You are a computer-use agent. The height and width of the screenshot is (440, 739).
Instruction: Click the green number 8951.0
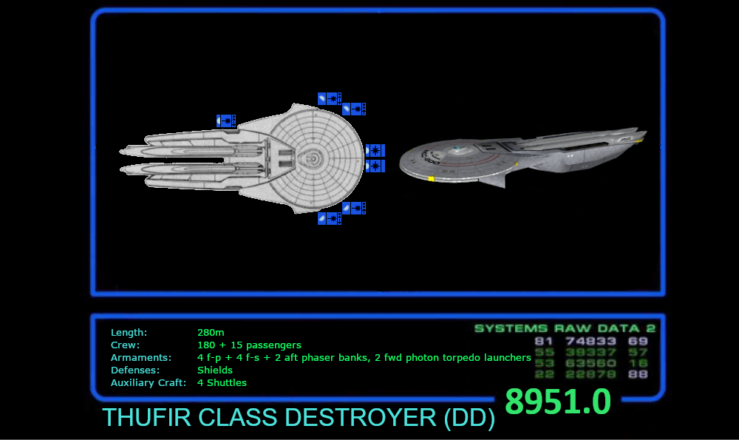[x=558, y=402]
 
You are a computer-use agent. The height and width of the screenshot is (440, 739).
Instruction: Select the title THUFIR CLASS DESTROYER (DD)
[x=299, y=418]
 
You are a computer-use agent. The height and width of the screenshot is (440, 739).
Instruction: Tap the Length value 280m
[x=211, y=333]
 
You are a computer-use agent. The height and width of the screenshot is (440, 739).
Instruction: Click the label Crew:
[x=125, y=345]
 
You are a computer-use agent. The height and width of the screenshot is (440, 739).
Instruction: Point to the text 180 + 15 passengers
[x=249, y=345]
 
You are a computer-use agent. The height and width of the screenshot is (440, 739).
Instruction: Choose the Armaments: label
[x=141, y=358]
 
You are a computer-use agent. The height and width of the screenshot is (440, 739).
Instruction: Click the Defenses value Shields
[x=215, y=370]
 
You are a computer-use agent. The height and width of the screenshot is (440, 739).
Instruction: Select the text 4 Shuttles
[x=222, y=383]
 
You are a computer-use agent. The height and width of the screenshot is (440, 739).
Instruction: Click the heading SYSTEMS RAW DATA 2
[x=565, y=328]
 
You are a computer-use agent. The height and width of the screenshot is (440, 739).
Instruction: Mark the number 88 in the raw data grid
[x=638, y=375]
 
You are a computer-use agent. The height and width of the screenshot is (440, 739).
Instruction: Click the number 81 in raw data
[x=544, y=342]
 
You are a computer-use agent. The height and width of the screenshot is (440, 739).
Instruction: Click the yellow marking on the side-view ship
[x=431, y=179]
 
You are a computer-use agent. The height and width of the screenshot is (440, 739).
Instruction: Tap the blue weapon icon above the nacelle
[x=226, y=121]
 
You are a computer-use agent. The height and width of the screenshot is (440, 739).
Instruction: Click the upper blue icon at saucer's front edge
[x=375, y=150]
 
